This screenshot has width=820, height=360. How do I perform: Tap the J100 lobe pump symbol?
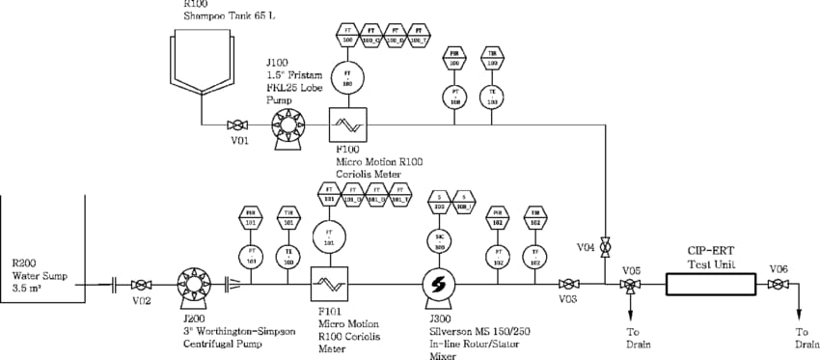(x=287, y=125)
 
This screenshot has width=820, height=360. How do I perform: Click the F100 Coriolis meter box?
(x=345, y=125)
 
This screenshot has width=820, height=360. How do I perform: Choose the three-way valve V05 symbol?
(x=630, y=285)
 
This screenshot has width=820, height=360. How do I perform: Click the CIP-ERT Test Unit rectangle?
(x=712, y=285)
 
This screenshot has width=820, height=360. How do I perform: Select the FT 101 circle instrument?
(x=329, y=236)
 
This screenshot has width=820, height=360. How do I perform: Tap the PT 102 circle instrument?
(x=499, y=257)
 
